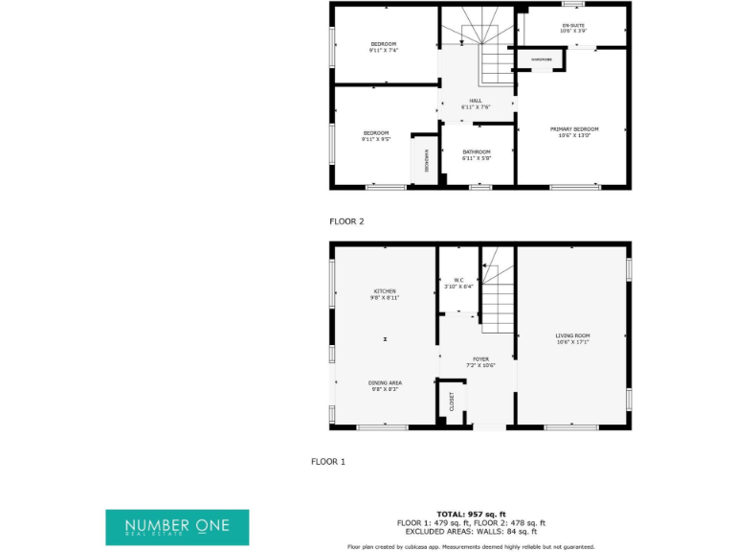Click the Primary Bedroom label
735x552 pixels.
pyautogui.click(x=574, y=131)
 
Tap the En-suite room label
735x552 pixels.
pyautogui.click(x=573, y=28)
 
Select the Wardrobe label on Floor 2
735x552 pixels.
pyautogui.click(x=542, y=59)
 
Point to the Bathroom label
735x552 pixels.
pyautogui.click(x=477, y=154)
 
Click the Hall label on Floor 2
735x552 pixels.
pyautogui.click(x=476, y=103)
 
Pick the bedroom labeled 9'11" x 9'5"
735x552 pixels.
pyautogui.click(x=375, y=135)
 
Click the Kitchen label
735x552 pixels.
pyautogui.click(x=385, y=294)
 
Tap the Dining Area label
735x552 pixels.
pyautogui.click(x=385, y=385)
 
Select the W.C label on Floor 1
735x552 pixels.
pyautogui.click(x=458, y=283)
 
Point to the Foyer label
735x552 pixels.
pyautogui.click(x=480, y=361)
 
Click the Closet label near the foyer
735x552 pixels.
pyautogui.click(x=452, y=402)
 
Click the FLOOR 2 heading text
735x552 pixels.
pyautogui.click(x=346, y=221)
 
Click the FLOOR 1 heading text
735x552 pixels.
pyautogui.click(x=327, y=462)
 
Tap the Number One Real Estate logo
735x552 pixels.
pyautogui.click(x=177, y=527)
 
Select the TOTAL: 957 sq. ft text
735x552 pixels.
pyautogui.click(x=471, y=515)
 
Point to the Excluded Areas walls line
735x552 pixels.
pyautogui.click(x=471, y=531)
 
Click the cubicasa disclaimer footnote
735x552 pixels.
pyautogui.click(x=471, y=546)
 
